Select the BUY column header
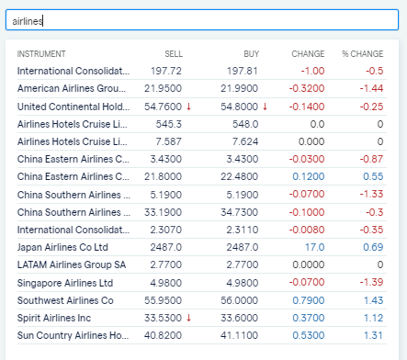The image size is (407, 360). point(251,53)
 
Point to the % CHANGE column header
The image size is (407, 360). point(362,53)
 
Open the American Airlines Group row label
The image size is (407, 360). point(73,88)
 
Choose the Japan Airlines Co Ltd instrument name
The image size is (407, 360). point(62,248)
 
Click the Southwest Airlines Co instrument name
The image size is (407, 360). point(65,300)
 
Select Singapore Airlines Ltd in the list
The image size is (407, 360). point(65,283)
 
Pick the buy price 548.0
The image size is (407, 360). point(244,124)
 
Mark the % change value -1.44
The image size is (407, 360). point(371,88)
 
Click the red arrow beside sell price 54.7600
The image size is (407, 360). point(188,107)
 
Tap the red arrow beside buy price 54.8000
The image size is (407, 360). point(265,107)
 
